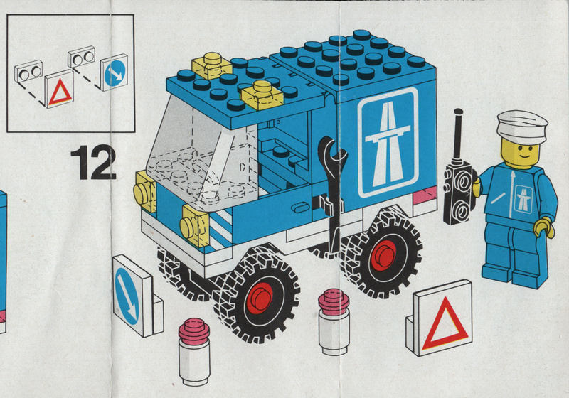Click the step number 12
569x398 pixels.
coord(93,162)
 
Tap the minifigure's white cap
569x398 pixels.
coord(522,127)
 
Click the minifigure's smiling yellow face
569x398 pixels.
coord(521,154)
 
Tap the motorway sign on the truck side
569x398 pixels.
coord(388,142)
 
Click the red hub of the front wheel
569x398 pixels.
coord(260,298)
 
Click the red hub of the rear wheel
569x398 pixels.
coord(383,256)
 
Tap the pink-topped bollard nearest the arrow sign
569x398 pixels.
coord(194,351)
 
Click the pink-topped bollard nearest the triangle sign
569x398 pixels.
coord(334,321)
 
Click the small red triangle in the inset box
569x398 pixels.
coord(60,93)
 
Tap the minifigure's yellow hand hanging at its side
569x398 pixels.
coord(544,227)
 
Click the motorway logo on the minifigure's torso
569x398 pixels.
coord(523,199)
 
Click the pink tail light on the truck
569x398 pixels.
coord(425,195)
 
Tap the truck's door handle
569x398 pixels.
coord(301,208)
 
